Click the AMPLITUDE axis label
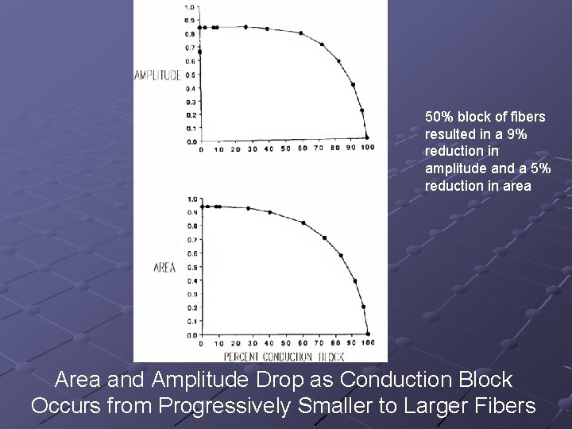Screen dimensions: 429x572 coord(158,75)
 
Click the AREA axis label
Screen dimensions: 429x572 coord(164,268)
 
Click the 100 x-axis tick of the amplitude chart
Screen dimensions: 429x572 coord(367,149)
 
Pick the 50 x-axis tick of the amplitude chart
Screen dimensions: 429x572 coord(285,149)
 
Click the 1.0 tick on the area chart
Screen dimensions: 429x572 coord(191,199)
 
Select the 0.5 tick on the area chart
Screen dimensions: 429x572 coord(191,267)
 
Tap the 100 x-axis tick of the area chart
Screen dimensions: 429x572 coord(368,342)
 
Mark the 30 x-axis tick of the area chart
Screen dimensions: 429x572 coord(253,342)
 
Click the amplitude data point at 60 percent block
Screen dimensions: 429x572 coord(301,33)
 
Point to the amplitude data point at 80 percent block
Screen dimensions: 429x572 coord(338,61)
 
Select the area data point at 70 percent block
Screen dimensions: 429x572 coord(324,238)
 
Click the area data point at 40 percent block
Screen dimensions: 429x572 coord(270,212)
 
